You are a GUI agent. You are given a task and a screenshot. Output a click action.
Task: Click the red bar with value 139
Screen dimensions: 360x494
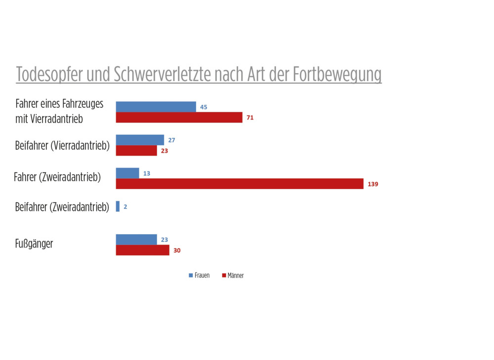240,184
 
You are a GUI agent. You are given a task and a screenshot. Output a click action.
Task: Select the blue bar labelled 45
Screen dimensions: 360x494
156,107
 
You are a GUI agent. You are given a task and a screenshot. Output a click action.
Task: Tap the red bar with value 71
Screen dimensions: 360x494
179,118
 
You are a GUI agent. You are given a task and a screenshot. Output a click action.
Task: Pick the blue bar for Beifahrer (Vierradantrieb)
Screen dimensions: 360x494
140,140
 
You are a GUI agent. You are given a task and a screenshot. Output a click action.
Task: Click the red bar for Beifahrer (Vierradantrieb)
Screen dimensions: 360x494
136,151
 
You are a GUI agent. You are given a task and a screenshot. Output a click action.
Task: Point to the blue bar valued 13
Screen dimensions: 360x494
127,173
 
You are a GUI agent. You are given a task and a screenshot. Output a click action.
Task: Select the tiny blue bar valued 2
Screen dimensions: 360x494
118,206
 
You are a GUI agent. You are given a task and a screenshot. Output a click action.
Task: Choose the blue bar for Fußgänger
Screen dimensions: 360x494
136,240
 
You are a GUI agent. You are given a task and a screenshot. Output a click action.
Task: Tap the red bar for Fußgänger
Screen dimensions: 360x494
142,250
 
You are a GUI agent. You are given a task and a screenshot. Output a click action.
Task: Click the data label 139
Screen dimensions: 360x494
373,184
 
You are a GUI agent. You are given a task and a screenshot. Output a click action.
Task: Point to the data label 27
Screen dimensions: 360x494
171,140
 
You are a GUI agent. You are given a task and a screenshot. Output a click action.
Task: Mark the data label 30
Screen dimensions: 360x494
177,251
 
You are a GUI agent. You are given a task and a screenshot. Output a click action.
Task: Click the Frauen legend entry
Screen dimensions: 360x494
199,276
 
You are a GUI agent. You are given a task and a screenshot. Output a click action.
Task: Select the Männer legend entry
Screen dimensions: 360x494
233,276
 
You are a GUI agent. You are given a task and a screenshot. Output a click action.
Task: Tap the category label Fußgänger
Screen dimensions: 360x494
34,244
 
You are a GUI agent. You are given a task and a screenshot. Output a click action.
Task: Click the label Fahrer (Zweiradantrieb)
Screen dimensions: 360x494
57,177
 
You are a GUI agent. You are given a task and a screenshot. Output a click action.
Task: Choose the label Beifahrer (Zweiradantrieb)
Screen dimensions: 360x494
62,207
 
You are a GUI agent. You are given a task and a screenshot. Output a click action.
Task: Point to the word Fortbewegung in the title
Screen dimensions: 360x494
337,75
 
